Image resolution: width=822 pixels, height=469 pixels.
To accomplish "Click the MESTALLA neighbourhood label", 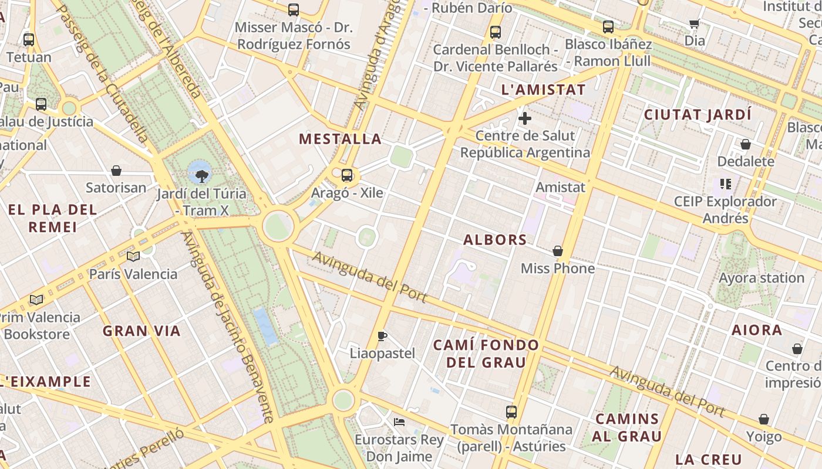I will click(x=340, y=139).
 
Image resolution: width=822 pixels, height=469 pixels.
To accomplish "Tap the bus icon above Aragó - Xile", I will click(x=347, y=175).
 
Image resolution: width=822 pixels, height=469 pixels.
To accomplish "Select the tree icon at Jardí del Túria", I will click(x=201, y=175).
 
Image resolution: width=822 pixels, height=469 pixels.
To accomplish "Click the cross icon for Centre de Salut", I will click(x=525, y=118).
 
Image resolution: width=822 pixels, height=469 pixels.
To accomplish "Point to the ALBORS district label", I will click(x=495, y=240).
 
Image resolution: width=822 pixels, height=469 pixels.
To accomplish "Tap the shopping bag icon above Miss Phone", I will click(x=558, y=251).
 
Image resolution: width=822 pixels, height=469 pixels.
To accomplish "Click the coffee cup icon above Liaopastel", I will click(x=382, y=336).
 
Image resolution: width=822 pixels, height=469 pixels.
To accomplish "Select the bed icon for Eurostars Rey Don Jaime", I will click(x=399, y=422).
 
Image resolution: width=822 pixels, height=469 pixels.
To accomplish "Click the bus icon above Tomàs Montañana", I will click(x=511, y=412).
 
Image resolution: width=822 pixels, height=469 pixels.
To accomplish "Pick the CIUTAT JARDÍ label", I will click(x=698, y=114).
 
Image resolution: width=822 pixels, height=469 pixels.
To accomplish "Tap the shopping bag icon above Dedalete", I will click(x=746, y=144).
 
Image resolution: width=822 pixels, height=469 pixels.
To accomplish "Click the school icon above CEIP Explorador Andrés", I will click(x=726, y=184).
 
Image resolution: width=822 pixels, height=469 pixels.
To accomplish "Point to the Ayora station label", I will click(x=762, y=278).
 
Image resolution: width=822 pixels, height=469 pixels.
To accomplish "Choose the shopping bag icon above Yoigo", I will click(x=764, y=419).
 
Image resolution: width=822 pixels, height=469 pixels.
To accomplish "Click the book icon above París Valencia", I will click(x=133, y=256).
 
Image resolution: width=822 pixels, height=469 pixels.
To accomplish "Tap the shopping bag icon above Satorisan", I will click(x=116, y=171).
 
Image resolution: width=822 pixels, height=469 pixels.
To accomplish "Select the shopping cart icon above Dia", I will click(x=695, y=24).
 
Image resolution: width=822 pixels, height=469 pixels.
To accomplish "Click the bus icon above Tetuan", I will click(x=29, y=40).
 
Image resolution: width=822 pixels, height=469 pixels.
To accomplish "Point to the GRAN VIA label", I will click(x=142, y=331).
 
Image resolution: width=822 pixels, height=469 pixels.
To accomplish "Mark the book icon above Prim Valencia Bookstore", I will click(x=36, y=300).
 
